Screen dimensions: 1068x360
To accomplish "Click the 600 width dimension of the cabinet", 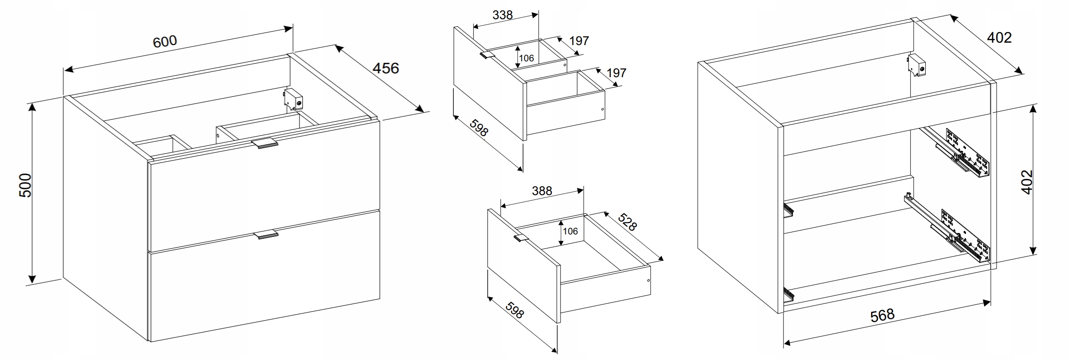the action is pyautogui.click(x=165, y=41).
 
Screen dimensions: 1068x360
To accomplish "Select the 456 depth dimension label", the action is pyautogui.click(x=386, y=68).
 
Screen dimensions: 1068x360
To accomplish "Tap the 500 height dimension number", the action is pyautogui.click(x=25, y=185).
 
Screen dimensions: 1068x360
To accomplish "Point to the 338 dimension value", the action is pyautogui.click(x=502, y=15).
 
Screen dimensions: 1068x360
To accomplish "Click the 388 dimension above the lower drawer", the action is pyautogui.click(x=542, y=191).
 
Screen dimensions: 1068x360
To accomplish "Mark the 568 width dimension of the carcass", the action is pyautogui.click(x=882, y=315).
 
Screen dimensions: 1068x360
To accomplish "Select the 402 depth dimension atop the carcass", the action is pyautogui.click(x=999, y=37).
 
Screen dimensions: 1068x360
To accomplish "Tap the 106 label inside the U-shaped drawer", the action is pyautogui.click(x=526, y=58).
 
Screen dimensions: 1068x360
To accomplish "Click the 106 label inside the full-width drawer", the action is pyautogui.click(x=570, y=232).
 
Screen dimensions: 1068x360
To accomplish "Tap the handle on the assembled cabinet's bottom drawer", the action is pyautogui.click(x=265, y=234).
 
